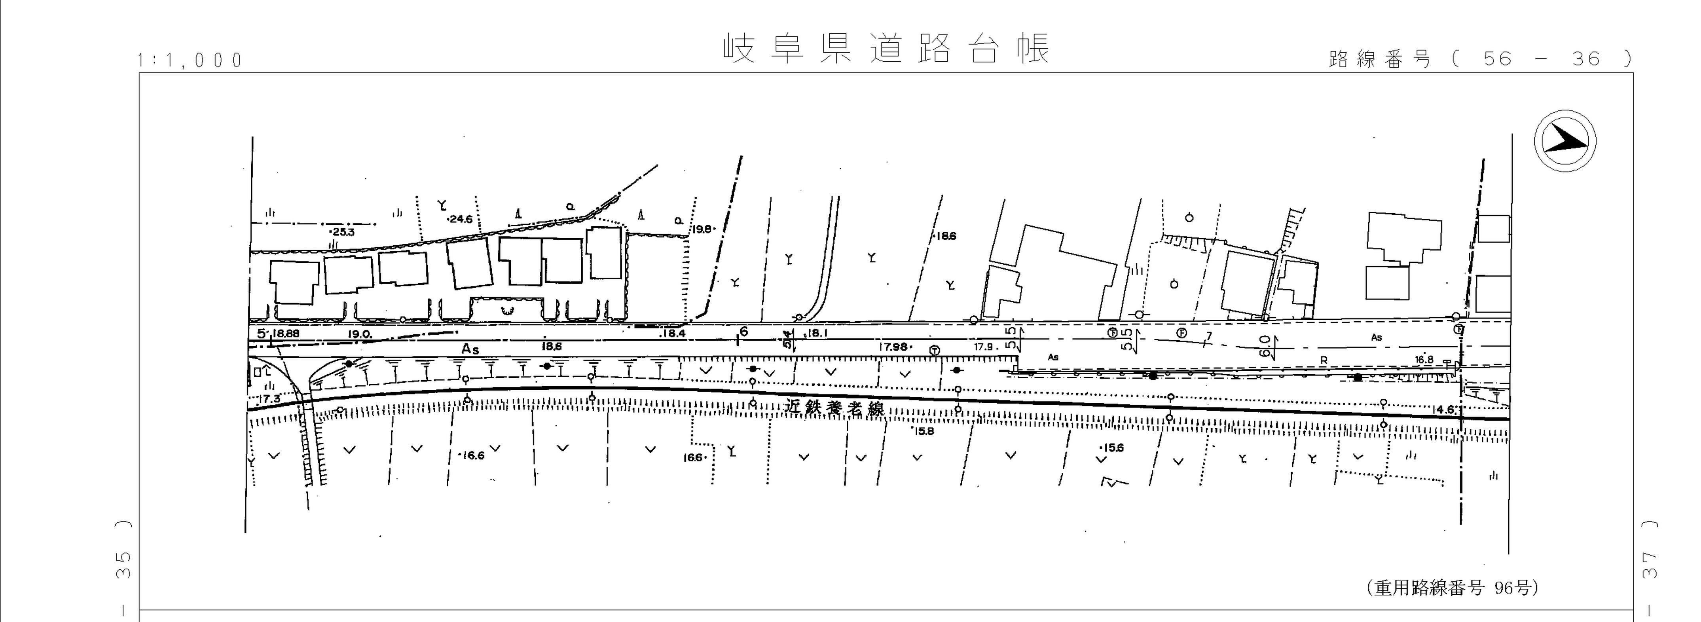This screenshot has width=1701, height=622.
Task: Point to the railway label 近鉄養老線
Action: coord(834,408)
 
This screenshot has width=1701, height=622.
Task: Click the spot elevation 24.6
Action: coord(460,219)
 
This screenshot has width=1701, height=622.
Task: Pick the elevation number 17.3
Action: coord(271,399)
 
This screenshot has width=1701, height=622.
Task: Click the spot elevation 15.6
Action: coord(1112,448)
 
